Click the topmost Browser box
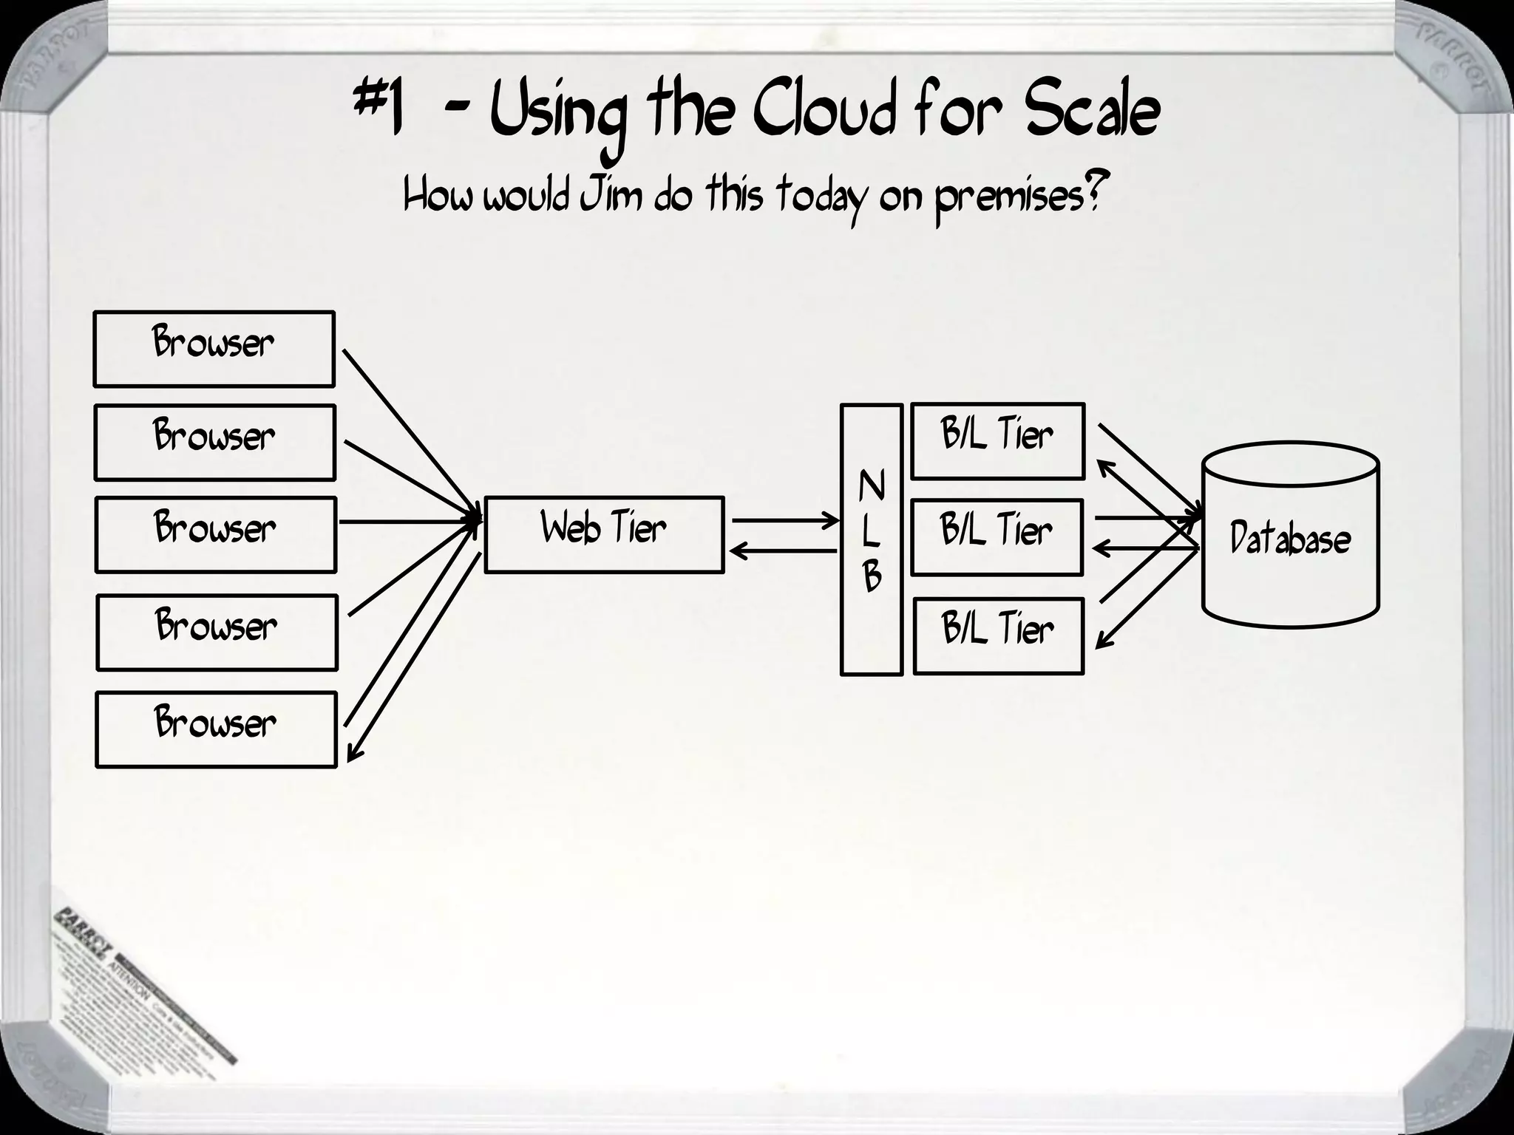click(214, 349)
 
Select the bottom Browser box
click(216, 730)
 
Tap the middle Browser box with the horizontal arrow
click(215, 534)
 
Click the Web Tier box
click(603, 534)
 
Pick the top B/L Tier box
click(997, 441)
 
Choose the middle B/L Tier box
click(997, 537)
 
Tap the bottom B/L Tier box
click(998, 635)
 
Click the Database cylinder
click(1290, 536)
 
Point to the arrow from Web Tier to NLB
click(785, 521)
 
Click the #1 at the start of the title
click(378, 111)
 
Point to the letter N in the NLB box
click(872, 486)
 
